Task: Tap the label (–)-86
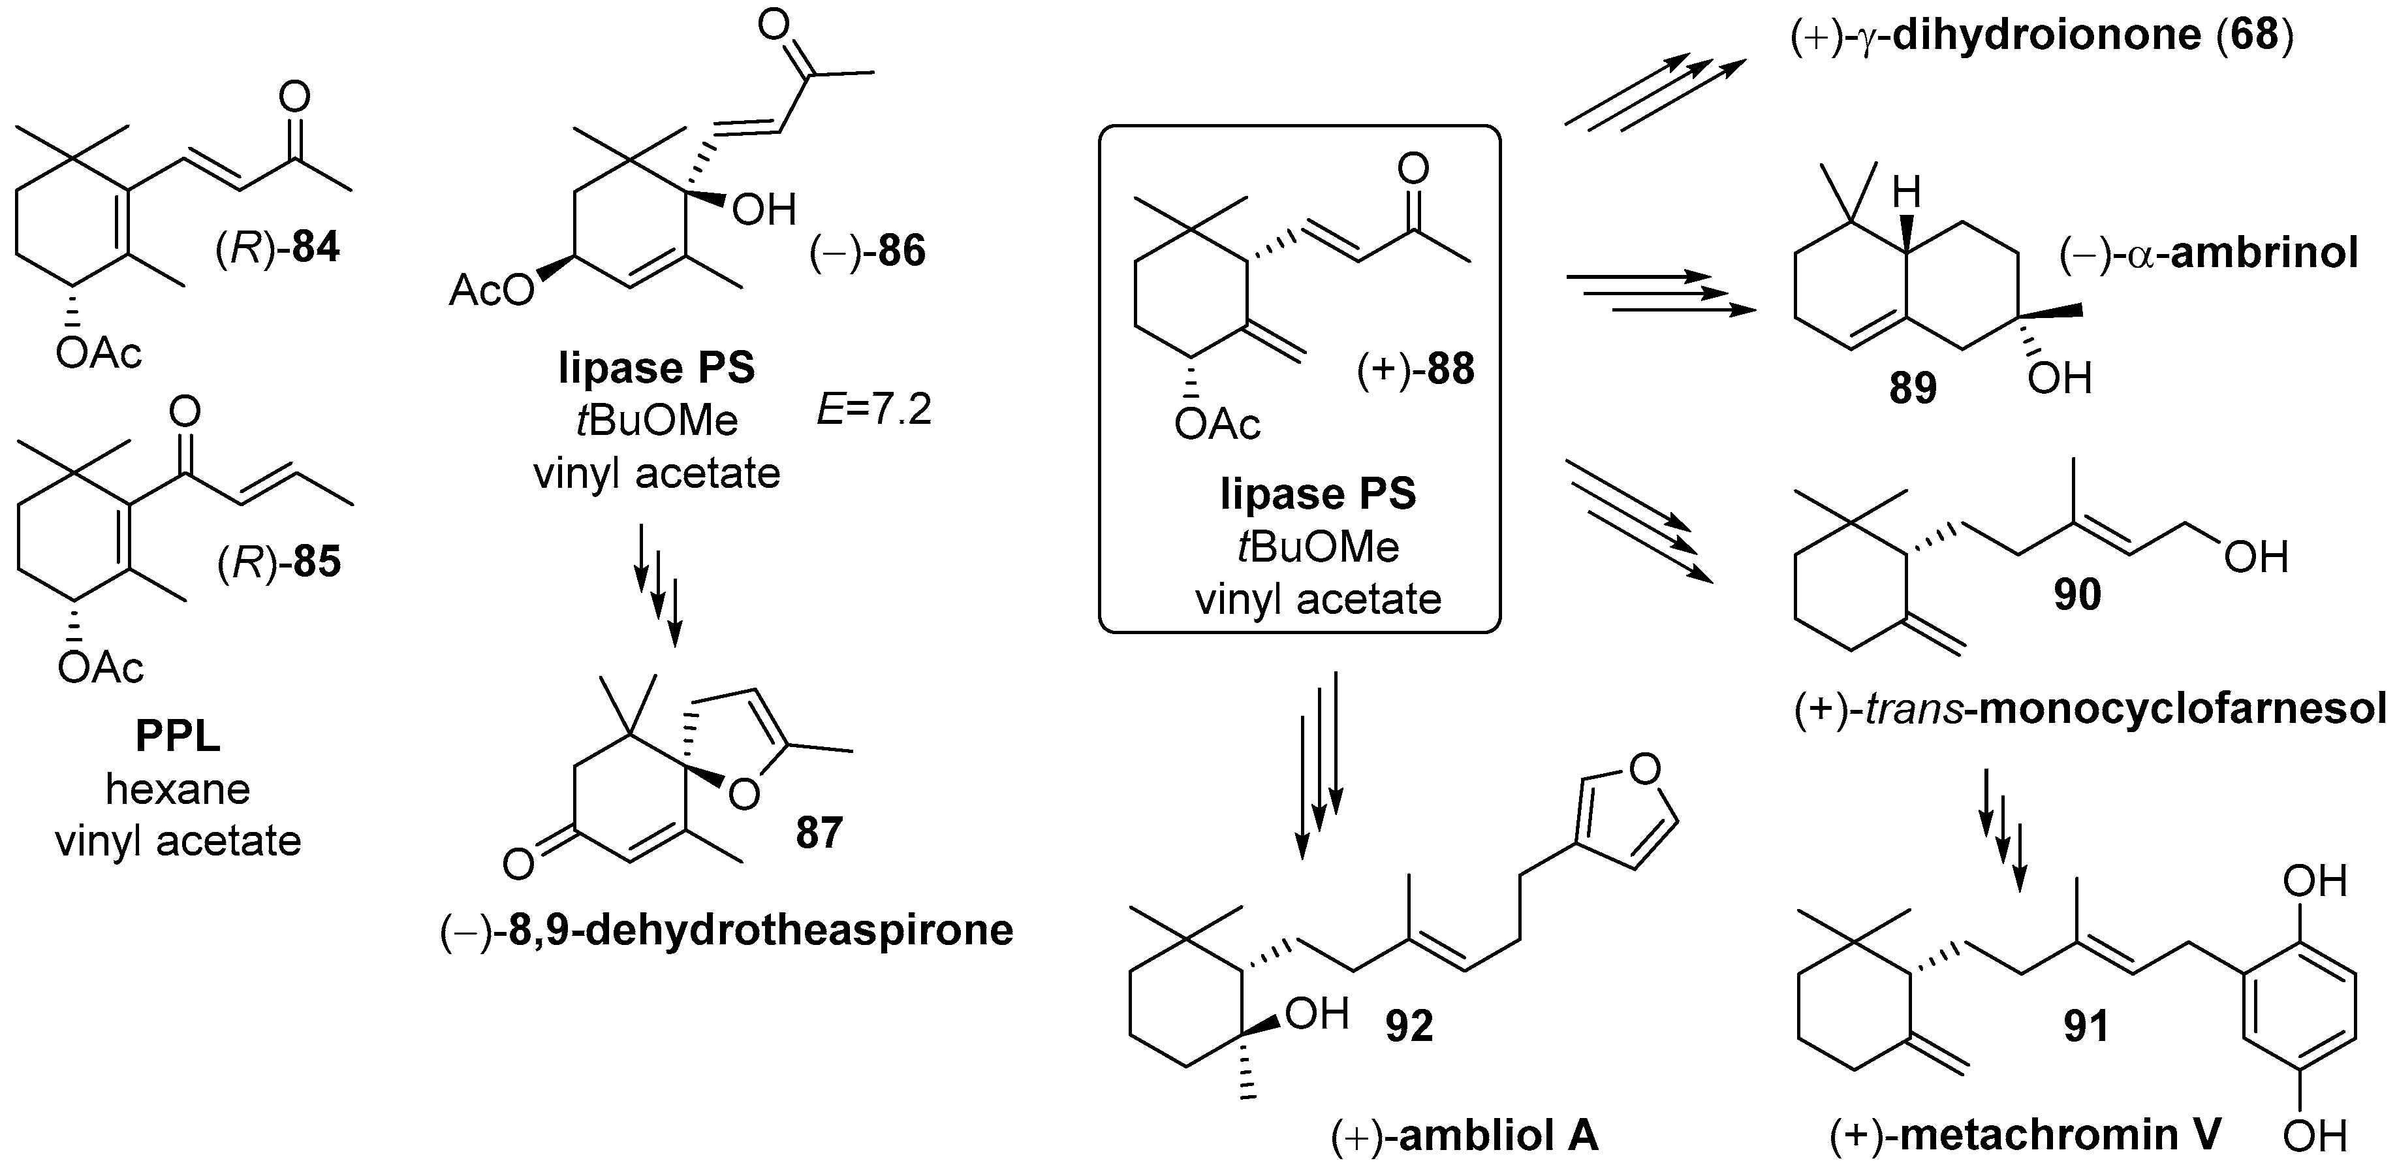point(868,251)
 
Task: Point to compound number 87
point(819,832)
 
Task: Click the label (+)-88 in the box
point(1415,370)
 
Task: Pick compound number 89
point(1912,387)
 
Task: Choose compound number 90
point(2077,593)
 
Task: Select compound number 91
point(2085,1025)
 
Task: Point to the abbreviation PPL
point(178,736)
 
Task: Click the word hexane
point(178,789)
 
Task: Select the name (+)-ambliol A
point(1465,1136)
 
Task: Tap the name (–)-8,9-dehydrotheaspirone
point(727,930)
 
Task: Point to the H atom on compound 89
point(1905,193)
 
